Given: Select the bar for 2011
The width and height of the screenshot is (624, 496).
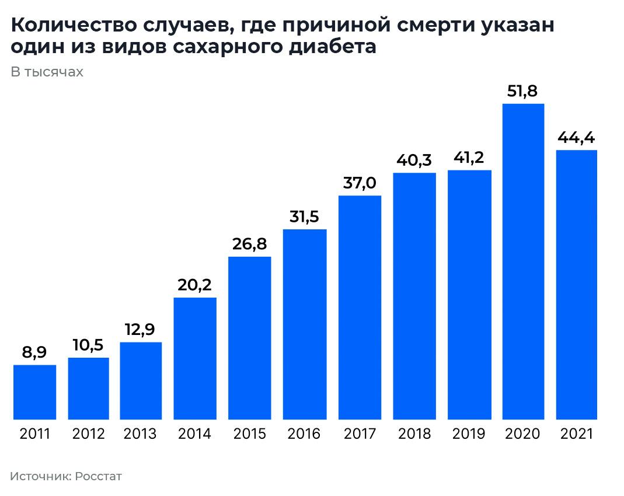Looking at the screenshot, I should (34, 392).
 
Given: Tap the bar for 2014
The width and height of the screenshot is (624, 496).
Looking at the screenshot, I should (195, 358).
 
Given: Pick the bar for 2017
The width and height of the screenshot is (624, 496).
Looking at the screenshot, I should (360, 308).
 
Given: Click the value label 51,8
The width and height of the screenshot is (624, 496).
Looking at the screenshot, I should (523, 91).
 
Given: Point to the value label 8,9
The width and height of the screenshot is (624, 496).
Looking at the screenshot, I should (34, 352).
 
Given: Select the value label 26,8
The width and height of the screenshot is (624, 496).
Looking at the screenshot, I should (249, 243).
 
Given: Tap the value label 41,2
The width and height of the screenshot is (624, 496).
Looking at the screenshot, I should (469, 157).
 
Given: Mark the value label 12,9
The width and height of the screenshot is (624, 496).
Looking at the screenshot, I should (141, 329).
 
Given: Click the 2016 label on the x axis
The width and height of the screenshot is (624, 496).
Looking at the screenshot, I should (304, 434).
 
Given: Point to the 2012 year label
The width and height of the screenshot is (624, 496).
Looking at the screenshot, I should (89, 434).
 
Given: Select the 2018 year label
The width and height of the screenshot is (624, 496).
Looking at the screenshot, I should (414, 434).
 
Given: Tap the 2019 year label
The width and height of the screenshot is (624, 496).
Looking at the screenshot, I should (469, 434).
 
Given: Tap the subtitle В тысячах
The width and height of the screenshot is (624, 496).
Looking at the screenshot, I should (47, 72).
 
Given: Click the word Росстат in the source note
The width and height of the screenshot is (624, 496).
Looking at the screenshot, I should (99, 476).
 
